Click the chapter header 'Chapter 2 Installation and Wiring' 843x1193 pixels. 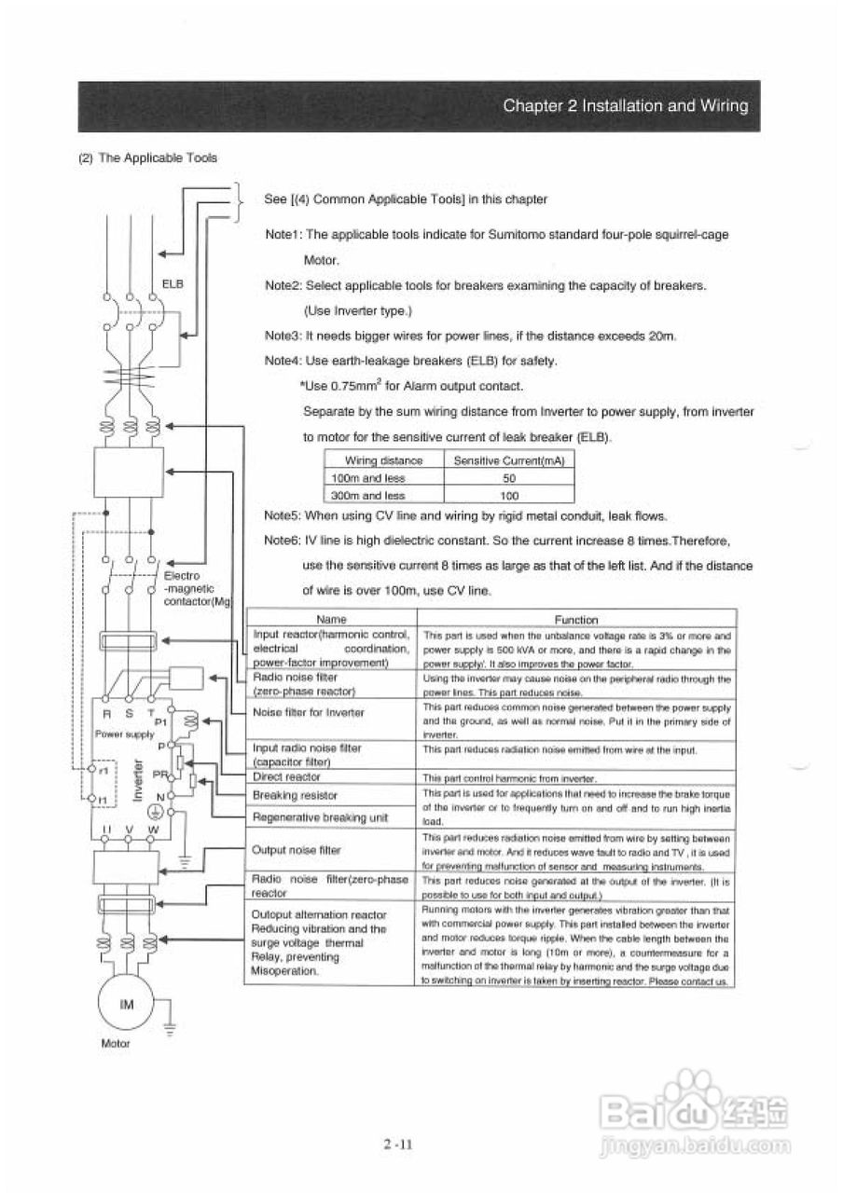[x=625, y=106]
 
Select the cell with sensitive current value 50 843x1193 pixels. [x=509, y=478]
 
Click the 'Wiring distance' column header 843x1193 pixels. [x=383, y=460]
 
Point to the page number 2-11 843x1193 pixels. [x=397, y=1146]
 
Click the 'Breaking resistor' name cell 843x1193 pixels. [x=295, y=795]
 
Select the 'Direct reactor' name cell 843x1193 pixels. [x=286, y=776]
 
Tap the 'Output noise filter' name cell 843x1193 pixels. [x=297, y=850]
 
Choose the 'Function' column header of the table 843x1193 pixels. [x=575, y=619]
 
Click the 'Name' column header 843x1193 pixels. [x=331, y=619]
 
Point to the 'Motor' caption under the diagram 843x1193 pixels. [x=115, y=1043]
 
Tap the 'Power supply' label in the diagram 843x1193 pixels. [x=117, y=734]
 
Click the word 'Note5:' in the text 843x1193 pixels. [x=283, y=515]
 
